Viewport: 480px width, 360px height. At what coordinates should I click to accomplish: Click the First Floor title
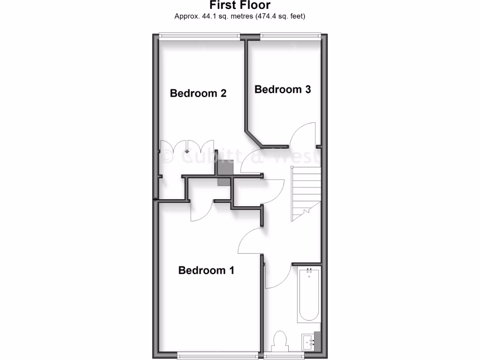coord(240,6)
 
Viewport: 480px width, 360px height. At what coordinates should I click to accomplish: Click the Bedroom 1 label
coord(206,270)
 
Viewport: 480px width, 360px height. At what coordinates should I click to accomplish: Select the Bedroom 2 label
coord(198,93)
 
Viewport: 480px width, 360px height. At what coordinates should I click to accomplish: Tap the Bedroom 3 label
coord(283,89)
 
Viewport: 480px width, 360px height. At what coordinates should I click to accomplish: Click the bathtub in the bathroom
coord(308,295)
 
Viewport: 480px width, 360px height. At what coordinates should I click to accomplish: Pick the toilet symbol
coord(280,340)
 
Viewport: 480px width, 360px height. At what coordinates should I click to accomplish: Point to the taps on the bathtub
coord(309,271)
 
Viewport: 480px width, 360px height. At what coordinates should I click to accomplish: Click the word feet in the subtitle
coord(296,16)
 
